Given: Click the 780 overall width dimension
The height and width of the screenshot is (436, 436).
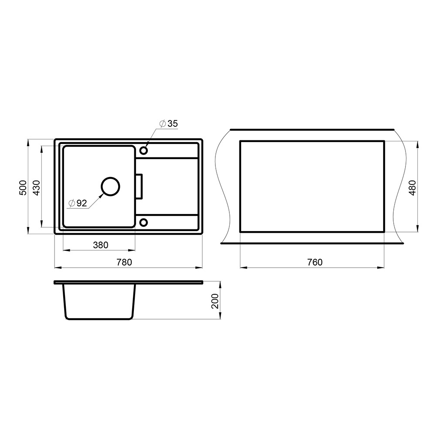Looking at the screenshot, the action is coord(124,262).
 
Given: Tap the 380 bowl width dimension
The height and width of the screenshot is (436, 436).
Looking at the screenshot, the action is coord(101,245).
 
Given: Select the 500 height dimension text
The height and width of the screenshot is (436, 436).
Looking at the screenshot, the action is coord(23,187).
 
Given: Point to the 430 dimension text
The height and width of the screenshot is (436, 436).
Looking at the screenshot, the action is coord(37,187).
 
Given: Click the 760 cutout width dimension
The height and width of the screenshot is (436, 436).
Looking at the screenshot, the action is coord(315,262).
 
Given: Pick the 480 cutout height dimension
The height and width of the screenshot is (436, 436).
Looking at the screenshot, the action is coord(412,187).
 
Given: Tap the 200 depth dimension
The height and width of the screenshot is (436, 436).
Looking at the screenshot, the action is coord(215,301).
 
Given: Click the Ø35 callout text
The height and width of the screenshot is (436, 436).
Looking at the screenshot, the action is coord(168,123).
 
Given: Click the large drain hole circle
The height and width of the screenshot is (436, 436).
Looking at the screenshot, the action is coord(110,177).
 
